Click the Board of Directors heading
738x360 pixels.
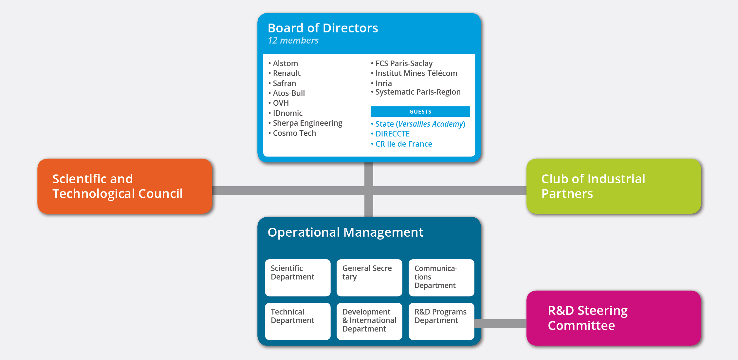tap(323, 28)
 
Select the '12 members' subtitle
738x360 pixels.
tap(293, 41)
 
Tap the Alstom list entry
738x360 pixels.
tap(283, 63)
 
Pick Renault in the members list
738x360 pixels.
tap(285, 73)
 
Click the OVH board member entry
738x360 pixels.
tap(279, 103)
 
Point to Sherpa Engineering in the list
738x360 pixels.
tap(305, 123)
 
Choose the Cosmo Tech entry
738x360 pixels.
tap(292, 133)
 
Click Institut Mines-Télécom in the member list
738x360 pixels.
tap(414, 73)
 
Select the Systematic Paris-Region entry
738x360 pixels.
tap(416, 92)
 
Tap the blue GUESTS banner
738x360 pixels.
tap(420, 112)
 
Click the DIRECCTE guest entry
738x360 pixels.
tap(390, 134)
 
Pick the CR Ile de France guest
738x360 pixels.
tap(401, 144)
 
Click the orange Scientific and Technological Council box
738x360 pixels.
tap(125, 186)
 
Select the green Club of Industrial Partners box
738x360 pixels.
tap(614, 186)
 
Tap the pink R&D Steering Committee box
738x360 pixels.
tap(614, 318)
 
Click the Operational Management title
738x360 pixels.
tap(345, 232)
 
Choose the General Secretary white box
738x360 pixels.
tap(369, 278)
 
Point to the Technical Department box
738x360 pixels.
tap(298, 321)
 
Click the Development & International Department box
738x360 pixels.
tap(369, 321)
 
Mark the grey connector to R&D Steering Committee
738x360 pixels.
tap(500, 323)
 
